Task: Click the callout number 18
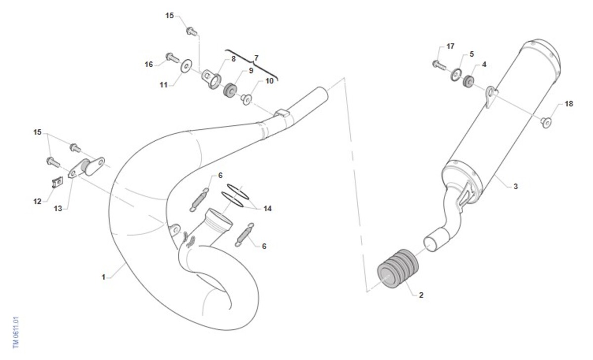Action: coord(569,104)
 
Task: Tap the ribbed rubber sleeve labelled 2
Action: coord(398,268)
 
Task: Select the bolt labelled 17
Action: coord(439,65)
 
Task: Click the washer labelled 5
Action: coord(455,75)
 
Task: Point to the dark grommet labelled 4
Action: coord(468,81)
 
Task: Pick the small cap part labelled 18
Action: coord(547,122)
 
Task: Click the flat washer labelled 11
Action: coord(186,66)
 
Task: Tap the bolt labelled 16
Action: coord(172,58)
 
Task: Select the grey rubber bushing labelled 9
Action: coord(229,90)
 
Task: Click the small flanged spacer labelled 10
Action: coord(246,100)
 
